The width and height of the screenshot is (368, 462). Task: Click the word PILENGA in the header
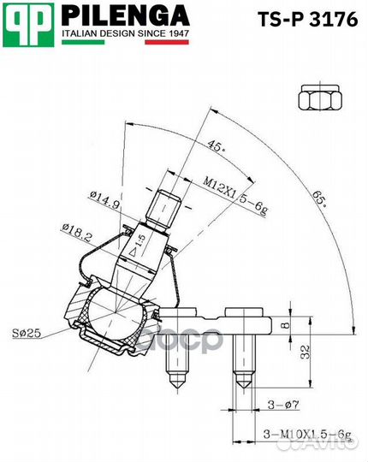pos(124,16)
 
